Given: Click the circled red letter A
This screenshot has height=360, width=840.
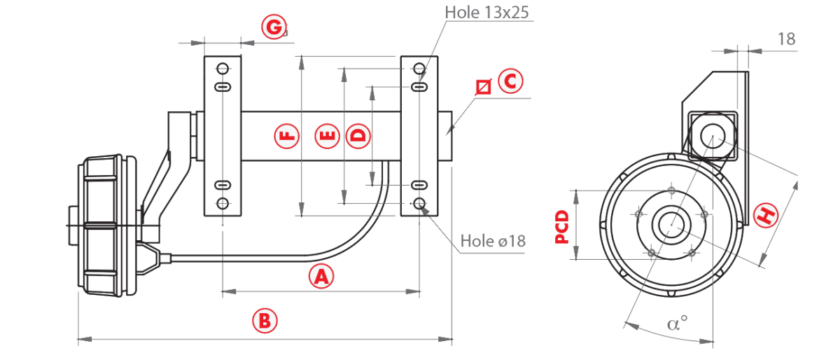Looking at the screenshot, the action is pos(321,276).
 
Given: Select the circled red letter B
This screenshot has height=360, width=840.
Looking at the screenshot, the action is pos(265,321).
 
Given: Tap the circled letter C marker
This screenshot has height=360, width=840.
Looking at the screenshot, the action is pos(510,81).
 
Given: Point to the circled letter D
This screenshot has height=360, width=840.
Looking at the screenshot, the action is pos(358,136).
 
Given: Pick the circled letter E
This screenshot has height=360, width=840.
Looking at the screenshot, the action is pos(327,136).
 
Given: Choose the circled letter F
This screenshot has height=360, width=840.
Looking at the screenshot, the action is pos(287,136).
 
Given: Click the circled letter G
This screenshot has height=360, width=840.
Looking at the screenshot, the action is pos(274,27).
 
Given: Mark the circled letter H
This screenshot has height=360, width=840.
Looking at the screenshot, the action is pos(766,215).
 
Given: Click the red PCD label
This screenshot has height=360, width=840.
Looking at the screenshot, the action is pos(561,227).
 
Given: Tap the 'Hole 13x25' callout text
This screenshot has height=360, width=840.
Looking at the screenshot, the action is pos(486,13).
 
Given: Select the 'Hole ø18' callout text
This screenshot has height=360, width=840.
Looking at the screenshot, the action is pos(493,241).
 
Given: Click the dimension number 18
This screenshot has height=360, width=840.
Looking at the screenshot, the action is pos(786,39).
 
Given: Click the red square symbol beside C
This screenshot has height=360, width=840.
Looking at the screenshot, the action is pos(484,87).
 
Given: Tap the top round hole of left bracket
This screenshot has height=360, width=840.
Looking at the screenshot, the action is pos(223,69).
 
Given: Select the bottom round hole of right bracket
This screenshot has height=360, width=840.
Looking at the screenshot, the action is pos(419,204).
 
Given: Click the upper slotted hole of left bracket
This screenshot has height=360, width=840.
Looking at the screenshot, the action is pos(223,87).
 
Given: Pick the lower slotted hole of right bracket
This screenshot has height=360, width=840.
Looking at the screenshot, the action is pos(419,185).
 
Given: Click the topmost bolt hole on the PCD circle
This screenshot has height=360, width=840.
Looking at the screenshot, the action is pos(671,191).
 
